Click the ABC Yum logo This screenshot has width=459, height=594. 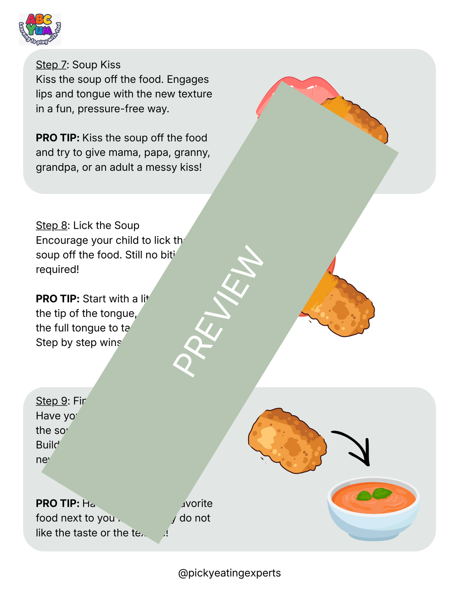40,29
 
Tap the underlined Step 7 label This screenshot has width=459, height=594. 51,65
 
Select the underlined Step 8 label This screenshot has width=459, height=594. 51,225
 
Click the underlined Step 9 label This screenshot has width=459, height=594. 51,401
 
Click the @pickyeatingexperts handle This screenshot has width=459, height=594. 229,573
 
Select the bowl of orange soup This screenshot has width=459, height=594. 374,508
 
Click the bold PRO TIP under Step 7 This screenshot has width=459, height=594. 57,138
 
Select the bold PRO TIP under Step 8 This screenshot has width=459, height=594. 57,299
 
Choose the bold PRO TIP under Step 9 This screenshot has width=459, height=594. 57,504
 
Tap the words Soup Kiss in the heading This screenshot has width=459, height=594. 96,65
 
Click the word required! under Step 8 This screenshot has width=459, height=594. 57,270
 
